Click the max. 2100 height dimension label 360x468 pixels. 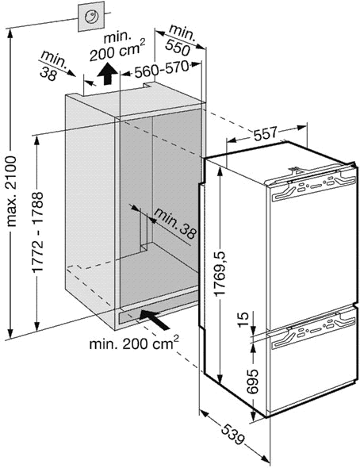(x=12, y=191)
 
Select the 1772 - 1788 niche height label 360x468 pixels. (x=38, y=232)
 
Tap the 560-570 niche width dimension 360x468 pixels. (x=162, y=70)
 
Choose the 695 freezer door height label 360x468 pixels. (x=252, y=382)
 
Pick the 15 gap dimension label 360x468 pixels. (x=243, y=320)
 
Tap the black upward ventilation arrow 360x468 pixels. (x=107, y=74)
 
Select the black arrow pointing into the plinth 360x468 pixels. (x=155, y=319)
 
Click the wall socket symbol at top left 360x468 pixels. (x=91, y=16)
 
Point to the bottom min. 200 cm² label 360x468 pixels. (x=134, y=343)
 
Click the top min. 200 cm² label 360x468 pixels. (x=117, y=46)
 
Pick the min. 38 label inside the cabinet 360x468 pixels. (x=175, y=223)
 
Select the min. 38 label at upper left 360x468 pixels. (x=53, y=66)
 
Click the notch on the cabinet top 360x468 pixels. (x=149, y=85)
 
